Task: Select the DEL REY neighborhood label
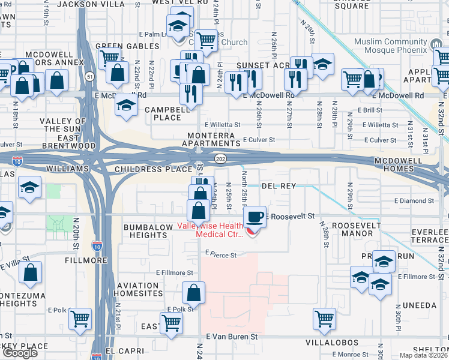[x=278, y=186]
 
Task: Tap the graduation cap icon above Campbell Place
[x=126, y=104]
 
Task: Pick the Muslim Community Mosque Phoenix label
[x=407, y=46]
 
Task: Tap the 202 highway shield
[x=220, y=158]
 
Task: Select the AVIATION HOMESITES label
[x=140, y=289]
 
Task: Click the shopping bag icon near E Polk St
[x=194, y=293]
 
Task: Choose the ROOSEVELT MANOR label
[x=357, y=229]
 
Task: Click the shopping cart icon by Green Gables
[x=109, y=58]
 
